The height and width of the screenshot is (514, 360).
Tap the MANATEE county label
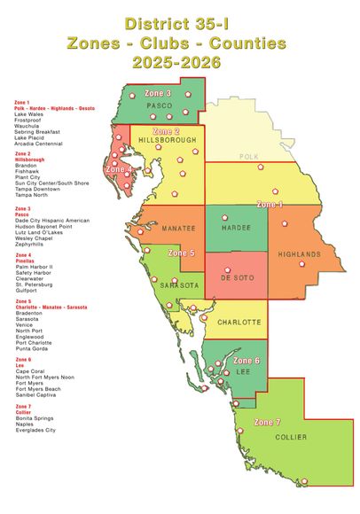coord(180,229)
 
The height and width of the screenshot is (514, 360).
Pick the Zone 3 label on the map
coord(157,92)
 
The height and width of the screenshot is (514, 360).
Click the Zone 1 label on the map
coord(270,205)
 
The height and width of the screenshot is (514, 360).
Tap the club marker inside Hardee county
coord(225,215)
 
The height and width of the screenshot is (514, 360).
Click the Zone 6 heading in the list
coord(22,359)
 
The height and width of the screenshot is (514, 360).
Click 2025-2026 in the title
coord(180,62)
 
